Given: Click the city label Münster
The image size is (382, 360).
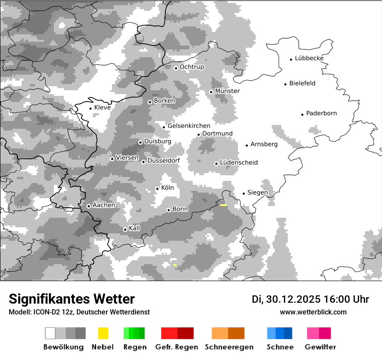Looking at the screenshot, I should (x=227, y=91).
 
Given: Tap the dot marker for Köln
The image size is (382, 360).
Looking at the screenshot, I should (x=157, y=189).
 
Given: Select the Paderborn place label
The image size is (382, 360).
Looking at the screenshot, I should (x=322, y=114).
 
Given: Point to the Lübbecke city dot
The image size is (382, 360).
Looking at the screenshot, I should (x=291, y=59).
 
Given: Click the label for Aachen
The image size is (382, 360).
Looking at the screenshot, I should (x=104, y=205).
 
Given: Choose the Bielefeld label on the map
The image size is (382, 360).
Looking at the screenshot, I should (x=303, y=83).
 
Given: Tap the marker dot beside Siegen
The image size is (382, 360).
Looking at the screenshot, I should (x=244, y=193).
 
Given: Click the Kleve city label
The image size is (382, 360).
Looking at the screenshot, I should (x=102, y=108).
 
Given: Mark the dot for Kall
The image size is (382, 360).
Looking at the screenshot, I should (x=125, y=229).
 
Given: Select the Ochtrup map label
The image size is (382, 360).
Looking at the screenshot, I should (x=192, y=67).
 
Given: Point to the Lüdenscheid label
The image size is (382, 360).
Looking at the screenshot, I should (x=239, y=163).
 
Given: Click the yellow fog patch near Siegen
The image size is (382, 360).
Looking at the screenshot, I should (x=224, y=205).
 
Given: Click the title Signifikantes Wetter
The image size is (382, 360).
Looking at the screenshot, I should (x=72, y=299).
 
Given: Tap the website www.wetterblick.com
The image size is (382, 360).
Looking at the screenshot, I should (x=313, y=312).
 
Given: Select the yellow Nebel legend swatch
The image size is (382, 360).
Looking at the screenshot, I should (x=103, y=333).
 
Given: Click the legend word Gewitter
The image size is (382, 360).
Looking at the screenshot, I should (x=320, y=347).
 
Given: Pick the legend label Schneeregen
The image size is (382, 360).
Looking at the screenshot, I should (x=229, y=347).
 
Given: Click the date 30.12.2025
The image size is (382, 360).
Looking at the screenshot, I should (x=292, y=299).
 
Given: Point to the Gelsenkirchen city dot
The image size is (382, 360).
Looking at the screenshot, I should (x=164, y=127).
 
